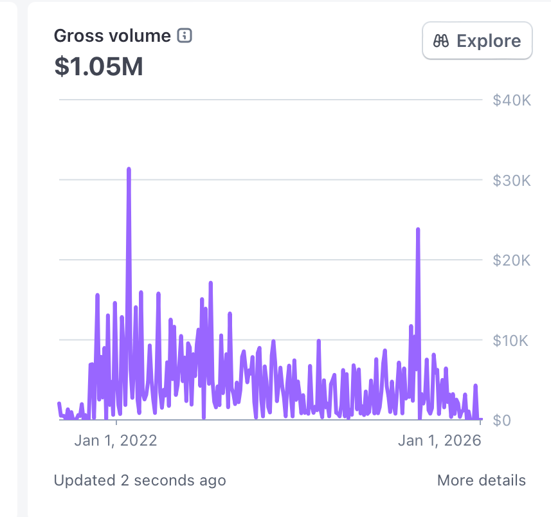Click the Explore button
[x=476, y=41]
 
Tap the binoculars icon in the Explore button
[x=441, y=41]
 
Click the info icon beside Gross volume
[x=185, y=36]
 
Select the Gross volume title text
[x=113, y=36]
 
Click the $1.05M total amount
[x=98, y=66]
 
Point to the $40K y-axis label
[x=511, y=100]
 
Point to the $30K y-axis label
[x=511, y=180]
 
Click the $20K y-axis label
[x=511, y=260]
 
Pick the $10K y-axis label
[x=511, y=340]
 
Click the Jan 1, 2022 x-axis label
[x=116, y=440]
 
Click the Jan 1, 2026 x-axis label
[x=439, y=440]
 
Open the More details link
[x=481, y=480]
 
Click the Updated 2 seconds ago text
[x=140, y=480]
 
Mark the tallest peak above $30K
[x=129, y=169]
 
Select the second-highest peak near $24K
[x=418, y=230]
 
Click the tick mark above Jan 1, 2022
[x=116, y=422]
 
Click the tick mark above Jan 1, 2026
[x=480, y=422]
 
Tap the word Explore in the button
[x=489, y=41]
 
